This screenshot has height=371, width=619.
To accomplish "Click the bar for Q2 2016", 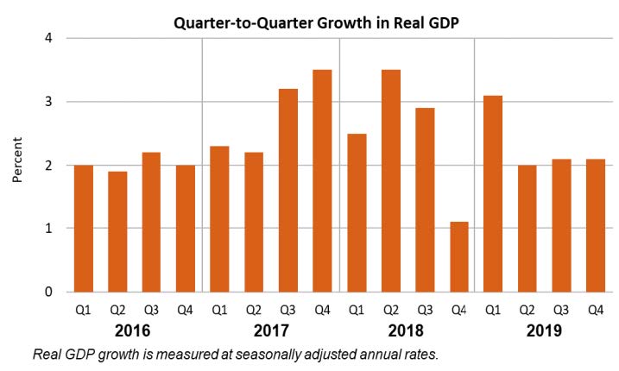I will coord(117,231).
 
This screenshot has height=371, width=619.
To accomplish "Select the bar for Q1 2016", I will coord(84,228).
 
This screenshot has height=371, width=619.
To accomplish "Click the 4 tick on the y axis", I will coord(49,38).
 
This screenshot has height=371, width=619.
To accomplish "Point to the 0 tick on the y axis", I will coord(49,292).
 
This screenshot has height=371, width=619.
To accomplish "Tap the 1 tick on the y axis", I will coord(49,229).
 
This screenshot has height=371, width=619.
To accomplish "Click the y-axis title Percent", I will coord(18,165).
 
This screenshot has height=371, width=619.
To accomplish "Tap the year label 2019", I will coord(544,330).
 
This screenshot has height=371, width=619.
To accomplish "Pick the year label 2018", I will coord(407,330).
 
